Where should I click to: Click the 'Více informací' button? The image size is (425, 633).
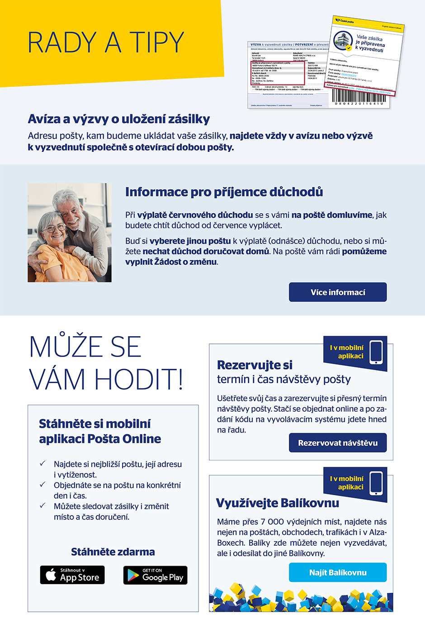338,292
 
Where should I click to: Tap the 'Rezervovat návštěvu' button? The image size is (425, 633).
338,443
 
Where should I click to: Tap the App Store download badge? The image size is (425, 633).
72,575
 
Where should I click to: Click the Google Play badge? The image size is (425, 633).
155,575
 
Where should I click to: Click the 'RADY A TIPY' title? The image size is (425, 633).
106,43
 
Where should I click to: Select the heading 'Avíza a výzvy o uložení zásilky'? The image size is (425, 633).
119,119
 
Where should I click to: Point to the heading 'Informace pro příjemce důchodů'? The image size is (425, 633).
224,192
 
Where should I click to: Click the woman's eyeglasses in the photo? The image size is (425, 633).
54,227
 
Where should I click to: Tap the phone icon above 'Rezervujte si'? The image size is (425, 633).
376,352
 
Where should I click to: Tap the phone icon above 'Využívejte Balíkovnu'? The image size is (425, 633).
376,483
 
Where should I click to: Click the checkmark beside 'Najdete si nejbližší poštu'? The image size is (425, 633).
42,464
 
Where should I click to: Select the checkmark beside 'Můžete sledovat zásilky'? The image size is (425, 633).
42,506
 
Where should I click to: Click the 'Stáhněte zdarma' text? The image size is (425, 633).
113,552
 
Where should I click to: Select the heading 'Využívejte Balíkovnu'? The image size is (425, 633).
277,503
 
